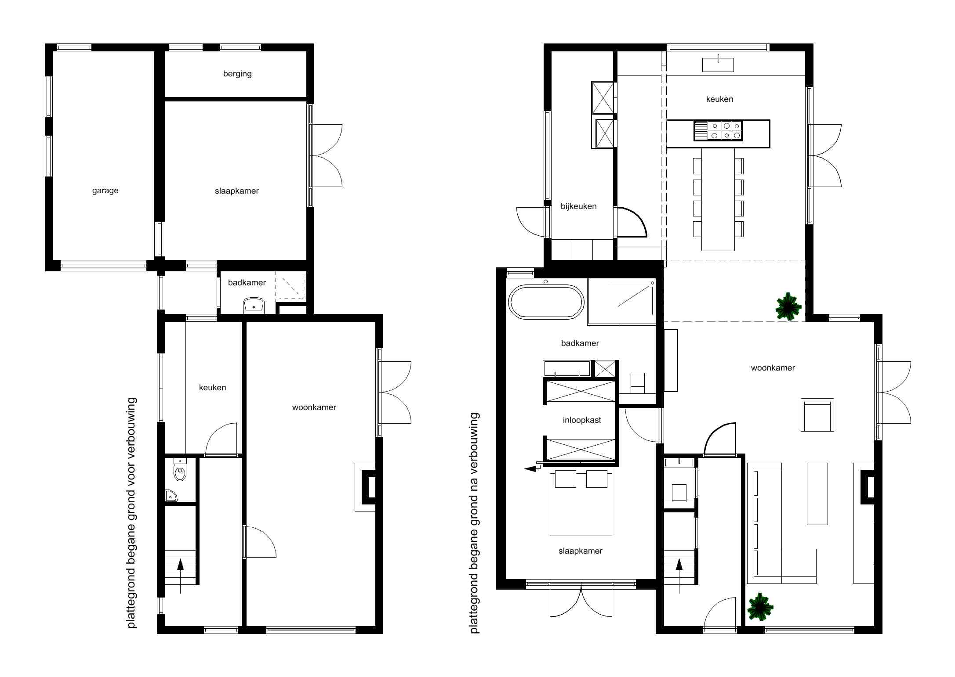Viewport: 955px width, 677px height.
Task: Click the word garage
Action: pos(105,191)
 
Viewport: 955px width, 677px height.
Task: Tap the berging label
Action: pos(237,74)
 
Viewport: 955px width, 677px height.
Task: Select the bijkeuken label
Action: pos(578,206)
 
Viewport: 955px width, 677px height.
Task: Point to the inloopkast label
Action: pos(582,420)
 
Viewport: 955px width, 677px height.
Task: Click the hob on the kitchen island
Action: pos(718,130)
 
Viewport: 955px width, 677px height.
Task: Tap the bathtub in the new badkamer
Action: pos(546,301)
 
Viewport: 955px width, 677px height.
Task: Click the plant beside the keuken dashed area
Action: pos(788,306)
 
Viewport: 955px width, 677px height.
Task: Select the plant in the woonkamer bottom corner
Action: pos(760,607)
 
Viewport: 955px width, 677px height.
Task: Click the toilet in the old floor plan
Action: pos(180,470)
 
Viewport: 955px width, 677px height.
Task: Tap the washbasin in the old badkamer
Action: pos(254,305)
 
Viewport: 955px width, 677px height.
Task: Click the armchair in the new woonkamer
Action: pos(817,415)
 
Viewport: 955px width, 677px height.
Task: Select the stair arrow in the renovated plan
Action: pos(679,576)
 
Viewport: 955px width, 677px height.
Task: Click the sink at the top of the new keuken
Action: pos(718,64)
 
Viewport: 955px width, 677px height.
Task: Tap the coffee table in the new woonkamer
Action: pos(817,493)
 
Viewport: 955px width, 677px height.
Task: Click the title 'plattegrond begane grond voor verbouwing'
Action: pos(132,513)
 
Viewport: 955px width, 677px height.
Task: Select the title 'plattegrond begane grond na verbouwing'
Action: pos(474,523)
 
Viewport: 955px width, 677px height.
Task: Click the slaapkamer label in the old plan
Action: pos(237,191)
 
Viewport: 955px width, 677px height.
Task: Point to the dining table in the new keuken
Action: pos(718,200)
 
